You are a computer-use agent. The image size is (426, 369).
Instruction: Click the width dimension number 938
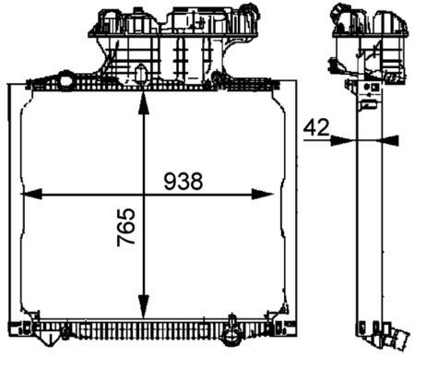(x=183, y=182)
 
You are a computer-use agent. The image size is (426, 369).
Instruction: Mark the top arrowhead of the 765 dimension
(x=143, y=101)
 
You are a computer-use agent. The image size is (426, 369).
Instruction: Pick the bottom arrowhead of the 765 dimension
(x=143, y=308)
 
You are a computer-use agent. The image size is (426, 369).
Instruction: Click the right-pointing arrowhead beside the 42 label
(x=342, y=140)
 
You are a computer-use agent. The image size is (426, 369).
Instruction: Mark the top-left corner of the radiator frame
(x=11, y=86)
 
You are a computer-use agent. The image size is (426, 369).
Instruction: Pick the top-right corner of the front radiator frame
(x=295, y=86)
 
